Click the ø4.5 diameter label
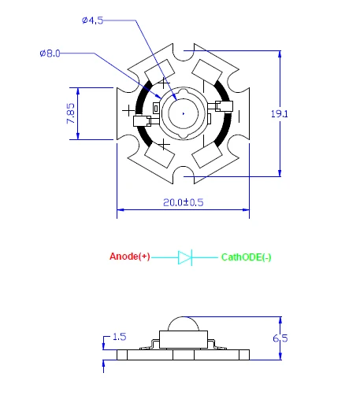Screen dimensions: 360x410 [x=92, y=20]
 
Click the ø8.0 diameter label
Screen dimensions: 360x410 [x=50, y=54]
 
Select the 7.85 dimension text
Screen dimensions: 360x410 [x=71, y=113]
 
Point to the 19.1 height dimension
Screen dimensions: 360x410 [x=280, y=114]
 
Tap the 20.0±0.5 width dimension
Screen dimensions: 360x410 [x=184, y=202]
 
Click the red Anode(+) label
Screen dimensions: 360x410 [x=130, y=257]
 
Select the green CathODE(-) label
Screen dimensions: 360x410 [x=246, y=257]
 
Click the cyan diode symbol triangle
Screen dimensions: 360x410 [x=184, y=257]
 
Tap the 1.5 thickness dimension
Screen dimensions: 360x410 [x=120, y=337]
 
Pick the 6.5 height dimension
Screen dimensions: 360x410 [x=280, y=338]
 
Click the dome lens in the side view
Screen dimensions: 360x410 [x=184, y=323]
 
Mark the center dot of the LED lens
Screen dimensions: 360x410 [x=184, y=113]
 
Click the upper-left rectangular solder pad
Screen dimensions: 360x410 [x=160, y=72]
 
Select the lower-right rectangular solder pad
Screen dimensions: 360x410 [x=207, y=156]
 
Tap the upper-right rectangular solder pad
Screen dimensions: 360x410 [x=207, y=72]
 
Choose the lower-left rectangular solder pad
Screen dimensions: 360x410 [x=160, y=156]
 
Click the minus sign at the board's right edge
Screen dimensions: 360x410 [x=239, y=116]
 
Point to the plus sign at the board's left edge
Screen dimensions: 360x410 [x=128, y=110]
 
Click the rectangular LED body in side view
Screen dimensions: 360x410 [x=184, y=339]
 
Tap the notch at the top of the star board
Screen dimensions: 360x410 [x=184, y=53]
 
